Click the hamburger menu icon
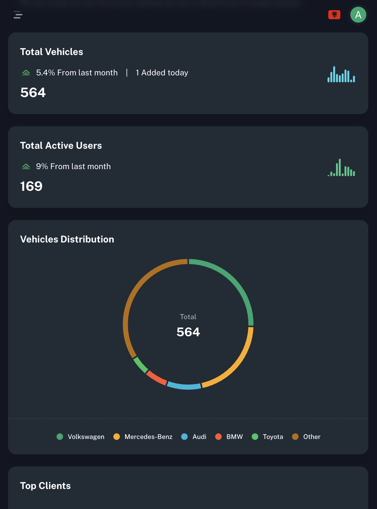pos(18,15)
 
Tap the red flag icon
pos(334,15)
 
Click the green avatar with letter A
pos(358,15)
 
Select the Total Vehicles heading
pos(52,52)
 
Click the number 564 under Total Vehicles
pos(33,92)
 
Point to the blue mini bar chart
pos(341,74)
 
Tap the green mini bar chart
pos(341,168)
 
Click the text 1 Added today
pos(162,73)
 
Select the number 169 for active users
pos(31,186)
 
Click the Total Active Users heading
pos(61,145)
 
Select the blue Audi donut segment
pos(184,386)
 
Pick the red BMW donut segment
pos(156,378)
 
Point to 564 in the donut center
pos(188,332)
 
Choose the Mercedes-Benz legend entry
pos(143,437)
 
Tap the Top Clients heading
pos(45,486)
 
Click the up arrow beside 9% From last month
pos(26,166)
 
